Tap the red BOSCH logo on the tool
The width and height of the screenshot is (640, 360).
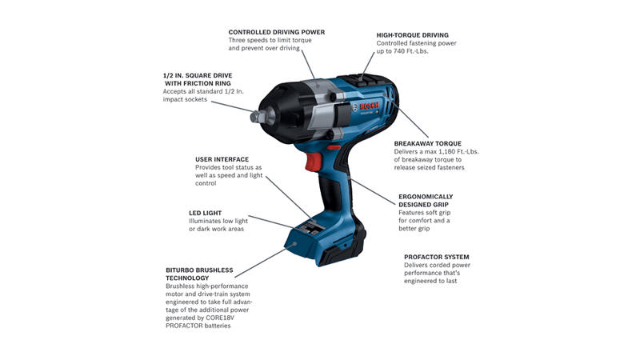[369, 106]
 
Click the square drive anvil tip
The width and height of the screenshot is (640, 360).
[254, 117]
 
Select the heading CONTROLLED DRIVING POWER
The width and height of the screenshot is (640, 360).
[276, 32]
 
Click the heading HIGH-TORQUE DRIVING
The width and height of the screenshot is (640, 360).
[412, 35]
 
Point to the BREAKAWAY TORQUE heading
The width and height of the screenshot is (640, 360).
[428, 144]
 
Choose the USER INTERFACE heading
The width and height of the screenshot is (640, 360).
[222, 159]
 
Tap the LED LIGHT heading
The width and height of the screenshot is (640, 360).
[205, 213]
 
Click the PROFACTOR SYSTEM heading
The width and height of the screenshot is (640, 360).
[436, 257]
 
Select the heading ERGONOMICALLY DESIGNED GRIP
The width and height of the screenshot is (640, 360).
[426, 201]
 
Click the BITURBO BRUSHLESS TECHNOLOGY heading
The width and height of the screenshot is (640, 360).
[199, 274]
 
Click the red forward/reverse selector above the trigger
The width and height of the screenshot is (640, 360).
[334, 147]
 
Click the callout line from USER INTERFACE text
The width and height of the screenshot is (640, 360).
[288, 198]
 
